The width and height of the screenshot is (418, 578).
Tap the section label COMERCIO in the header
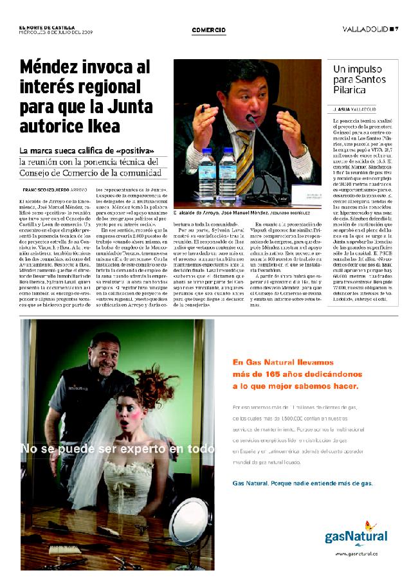click(208, 30)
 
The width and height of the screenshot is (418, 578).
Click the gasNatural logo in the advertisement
click(356, 535)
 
